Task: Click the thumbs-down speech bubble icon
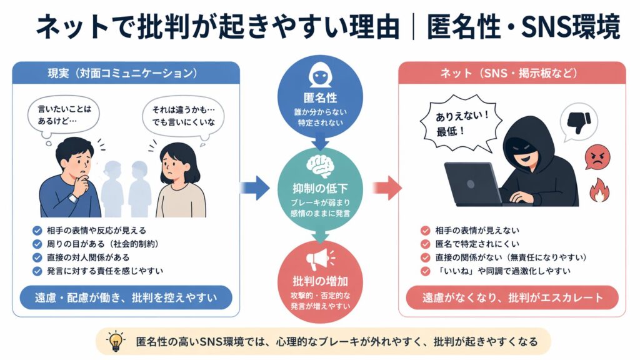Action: click(x=576, y=122)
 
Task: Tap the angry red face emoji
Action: click(x=597, y=156)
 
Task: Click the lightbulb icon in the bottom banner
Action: click(x=116, y=341)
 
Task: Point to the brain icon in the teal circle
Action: click(x=319, y=164)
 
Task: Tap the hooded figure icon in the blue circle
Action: click(x=319, y=76)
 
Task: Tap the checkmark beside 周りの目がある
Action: click(x=37, y=243)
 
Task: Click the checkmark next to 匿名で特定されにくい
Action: click(x=426, y=244)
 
